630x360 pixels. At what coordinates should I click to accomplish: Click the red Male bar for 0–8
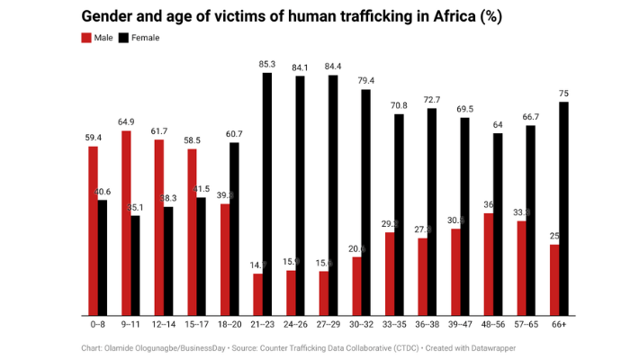tap(93, 230)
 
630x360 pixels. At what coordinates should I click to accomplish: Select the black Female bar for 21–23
tap(266, 194)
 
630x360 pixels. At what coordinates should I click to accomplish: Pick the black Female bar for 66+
tap(563, 209)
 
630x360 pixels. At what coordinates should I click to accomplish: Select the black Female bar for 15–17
tap(201, 256)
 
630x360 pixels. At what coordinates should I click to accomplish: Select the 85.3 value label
tap(266, 64)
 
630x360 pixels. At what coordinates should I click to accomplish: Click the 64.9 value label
tap(126, 121)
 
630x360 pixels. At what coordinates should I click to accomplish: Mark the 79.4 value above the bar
tap(365, 80)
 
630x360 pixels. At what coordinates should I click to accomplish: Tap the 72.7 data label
tap(431, 99)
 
